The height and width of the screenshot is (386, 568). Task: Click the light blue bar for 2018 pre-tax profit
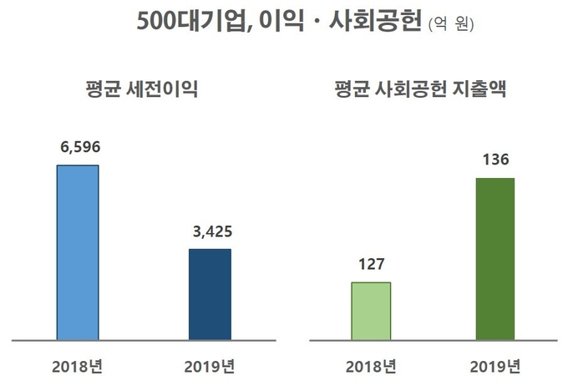[78, 252]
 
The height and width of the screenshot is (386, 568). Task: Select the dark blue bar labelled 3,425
[210, 294]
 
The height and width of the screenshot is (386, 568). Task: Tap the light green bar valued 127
[371, 311]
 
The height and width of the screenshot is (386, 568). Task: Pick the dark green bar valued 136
[494, 259]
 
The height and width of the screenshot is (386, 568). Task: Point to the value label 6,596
[79, 146]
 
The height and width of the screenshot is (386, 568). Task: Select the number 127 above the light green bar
[371, 264]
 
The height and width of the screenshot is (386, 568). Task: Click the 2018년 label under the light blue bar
[76, 366]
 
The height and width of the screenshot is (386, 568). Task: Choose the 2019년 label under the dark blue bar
[210, 366]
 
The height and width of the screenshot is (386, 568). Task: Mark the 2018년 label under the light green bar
[371, 366]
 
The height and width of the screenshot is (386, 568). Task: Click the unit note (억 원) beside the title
[450, 26]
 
